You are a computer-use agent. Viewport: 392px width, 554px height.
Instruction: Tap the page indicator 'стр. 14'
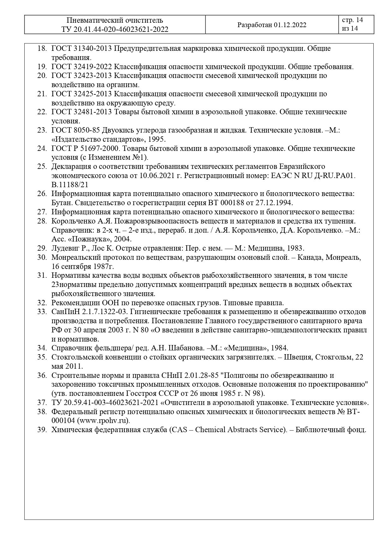tap(352, 20)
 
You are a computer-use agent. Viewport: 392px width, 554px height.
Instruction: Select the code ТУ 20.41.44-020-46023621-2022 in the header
tap(115, 29)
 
